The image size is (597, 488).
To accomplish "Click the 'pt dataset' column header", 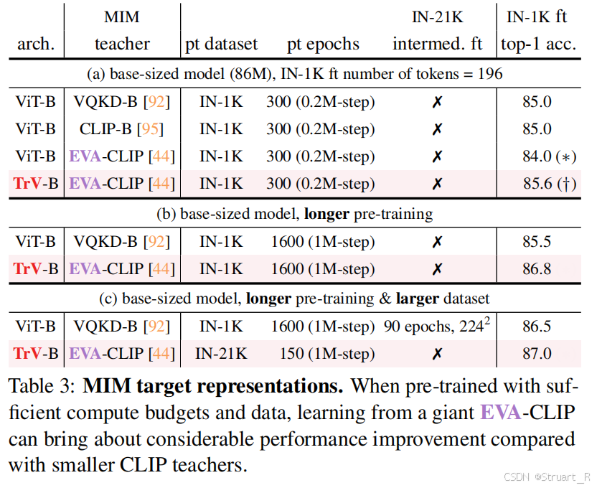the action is [x=221, y=44].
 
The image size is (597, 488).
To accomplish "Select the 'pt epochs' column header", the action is [x=323, y=44].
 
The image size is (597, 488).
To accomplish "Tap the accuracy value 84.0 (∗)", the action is [x=550, y=156].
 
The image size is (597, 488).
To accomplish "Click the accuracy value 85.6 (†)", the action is [x=550, y=184].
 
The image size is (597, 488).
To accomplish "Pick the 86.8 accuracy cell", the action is [x=537, y=269].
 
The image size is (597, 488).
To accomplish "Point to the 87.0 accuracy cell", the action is [x=537, y=354].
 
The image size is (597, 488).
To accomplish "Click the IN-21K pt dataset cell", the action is [x=221, y=354].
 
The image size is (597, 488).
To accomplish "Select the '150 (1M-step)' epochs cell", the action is [x=327, y=354].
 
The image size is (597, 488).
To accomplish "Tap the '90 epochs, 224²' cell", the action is [x=437, y=326].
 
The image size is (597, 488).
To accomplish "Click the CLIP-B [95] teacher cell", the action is [x=121, y=129].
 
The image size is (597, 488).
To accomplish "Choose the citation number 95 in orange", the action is [x=150, y=129].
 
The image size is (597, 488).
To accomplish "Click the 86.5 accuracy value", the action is [x=537, y=327].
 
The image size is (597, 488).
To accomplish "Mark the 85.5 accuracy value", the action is [x=537, y=242].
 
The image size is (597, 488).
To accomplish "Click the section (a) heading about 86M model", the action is [x=295, y=74].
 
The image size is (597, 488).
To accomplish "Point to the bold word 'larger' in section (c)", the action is [x=418, y=299].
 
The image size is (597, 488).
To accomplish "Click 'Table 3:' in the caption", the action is [x=42, y=386].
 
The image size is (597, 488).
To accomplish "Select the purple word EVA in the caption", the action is [x=501, y=413].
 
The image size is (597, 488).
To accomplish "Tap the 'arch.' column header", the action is [x=36, y=44].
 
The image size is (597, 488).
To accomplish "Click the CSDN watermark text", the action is [x=547, y=477].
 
